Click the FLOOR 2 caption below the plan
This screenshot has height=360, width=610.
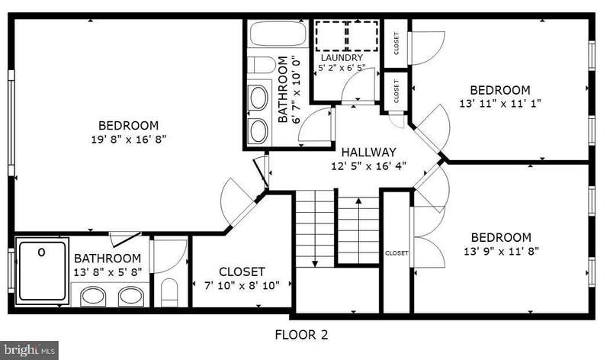301,335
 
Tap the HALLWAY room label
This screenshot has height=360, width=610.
369,153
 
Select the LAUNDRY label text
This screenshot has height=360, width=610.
342,58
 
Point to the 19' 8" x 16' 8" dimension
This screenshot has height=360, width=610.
129,140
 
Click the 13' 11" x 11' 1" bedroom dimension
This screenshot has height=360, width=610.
500,104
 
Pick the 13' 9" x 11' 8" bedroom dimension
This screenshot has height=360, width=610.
501,251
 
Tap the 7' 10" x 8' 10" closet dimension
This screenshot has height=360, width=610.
242,286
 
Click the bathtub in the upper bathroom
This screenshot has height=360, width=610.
278,34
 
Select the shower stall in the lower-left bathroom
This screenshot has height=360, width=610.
42,272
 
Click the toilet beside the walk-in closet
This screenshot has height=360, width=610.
169,292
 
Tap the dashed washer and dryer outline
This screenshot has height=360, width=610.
347,36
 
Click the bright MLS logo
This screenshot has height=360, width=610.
29,350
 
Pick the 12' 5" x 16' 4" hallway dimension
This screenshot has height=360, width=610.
369,166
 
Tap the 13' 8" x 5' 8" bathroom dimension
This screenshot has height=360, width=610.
108,272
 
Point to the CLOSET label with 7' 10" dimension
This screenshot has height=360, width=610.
242,272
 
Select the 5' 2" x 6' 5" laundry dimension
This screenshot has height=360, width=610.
342,68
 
